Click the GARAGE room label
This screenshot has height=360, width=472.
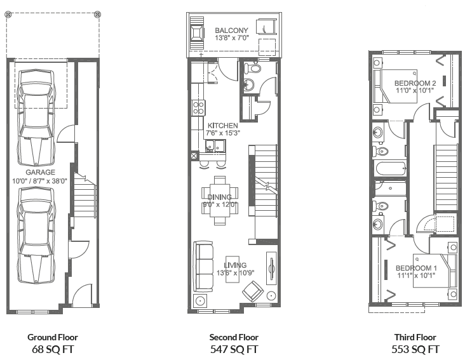pos(40,172)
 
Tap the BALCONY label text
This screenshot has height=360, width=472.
pos(231,30)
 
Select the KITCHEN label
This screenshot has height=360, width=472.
pos(222,126)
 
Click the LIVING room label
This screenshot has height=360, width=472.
pos(235,265)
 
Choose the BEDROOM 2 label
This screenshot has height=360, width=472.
pos(415,83)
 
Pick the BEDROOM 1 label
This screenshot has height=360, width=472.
pos(416,268)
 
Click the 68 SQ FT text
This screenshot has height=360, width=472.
pos(53,349)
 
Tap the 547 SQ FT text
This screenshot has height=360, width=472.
pos(234,349)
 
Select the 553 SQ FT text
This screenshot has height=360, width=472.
pos(417,349)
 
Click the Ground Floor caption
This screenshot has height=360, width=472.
pos(53,337)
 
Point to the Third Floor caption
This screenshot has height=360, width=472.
pos(417,337)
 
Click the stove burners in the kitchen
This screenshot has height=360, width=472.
pos(198,107)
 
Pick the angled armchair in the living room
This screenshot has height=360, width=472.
pos(253,292)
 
